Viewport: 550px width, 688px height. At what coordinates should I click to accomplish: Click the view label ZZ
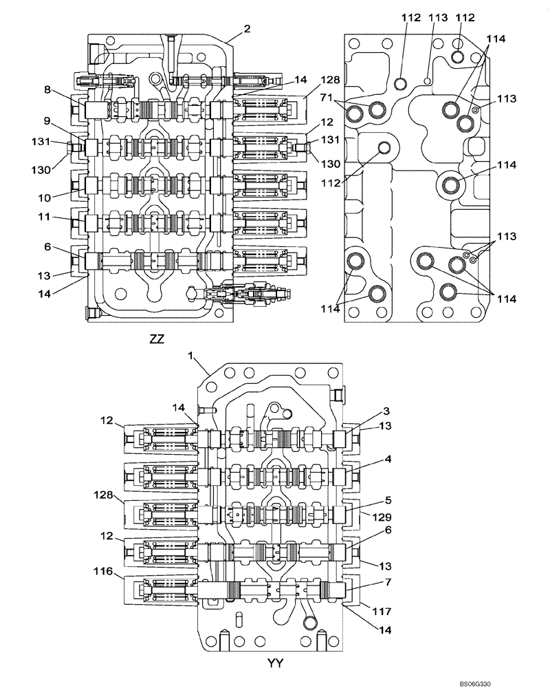[x=156, y=338]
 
